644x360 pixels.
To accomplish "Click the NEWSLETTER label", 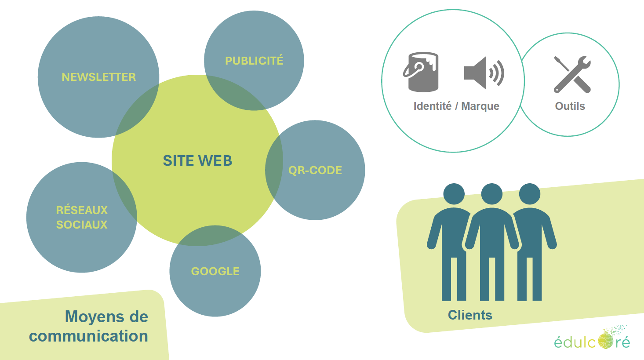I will (x=98, y=77).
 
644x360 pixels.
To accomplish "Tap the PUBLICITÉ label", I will (x=254, y=61).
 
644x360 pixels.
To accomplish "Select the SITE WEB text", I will (x=197, y=161).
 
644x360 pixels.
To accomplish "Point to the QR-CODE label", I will (x=315, y=171).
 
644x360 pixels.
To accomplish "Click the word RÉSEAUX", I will (x=82, y=210).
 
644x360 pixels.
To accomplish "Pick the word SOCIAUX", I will (x=82, y=225).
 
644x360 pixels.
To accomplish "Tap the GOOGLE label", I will (x=215, y=271).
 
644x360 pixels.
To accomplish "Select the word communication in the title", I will (x=88, y=336).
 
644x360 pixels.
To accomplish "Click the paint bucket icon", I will (x=421, y=72).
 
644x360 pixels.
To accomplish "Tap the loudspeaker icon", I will (x=483, y=73).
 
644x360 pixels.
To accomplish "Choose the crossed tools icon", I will (x=572, y=74).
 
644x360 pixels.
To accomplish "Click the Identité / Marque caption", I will (x=456, y=106).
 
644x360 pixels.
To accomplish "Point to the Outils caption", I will (x=570, y=106).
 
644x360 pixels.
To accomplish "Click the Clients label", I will (x=470, y=315).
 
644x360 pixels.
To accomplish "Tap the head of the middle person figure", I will (x=491, y=194).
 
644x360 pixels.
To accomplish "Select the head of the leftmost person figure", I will (x=454, y=194).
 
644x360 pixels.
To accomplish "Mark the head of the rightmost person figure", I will (x=529, y=194).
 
